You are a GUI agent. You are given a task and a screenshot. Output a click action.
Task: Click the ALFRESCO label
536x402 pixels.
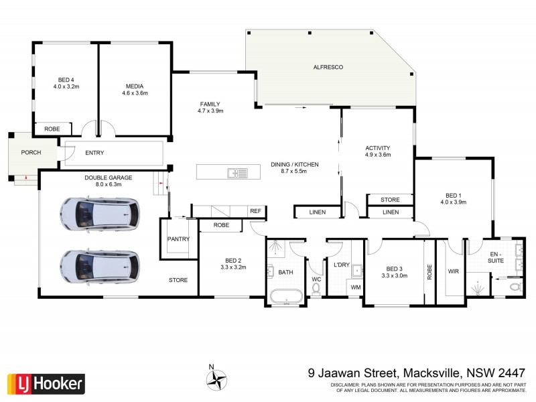[330, 68]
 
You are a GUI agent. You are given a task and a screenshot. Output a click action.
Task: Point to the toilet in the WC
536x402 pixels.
[317, 289]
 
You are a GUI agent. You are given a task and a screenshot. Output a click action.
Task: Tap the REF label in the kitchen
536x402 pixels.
[255, 211]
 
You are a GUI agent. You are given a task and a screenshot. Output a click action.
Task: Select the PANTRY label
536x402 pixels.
[179, 239]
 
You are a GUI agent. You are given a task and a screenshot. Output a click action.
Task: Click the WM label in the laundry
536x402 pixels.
[356, 288]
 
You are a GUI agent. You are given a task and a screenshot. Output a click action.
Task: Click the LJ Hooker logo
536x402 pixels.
[46, 383]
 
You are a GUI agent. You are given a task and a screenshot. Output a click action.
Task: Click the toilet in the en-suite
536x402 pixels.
[514, 287]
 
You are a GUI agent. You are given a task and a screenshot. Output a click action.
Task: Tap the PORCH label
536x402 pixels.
[31, 153]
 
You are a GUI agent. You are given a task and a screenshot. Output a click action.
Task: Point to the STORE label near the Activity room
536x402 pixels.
[390, 200]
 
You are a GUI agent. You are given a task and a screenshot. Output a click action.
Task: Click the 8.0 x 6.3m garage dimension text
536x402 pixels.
[108, 184]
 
